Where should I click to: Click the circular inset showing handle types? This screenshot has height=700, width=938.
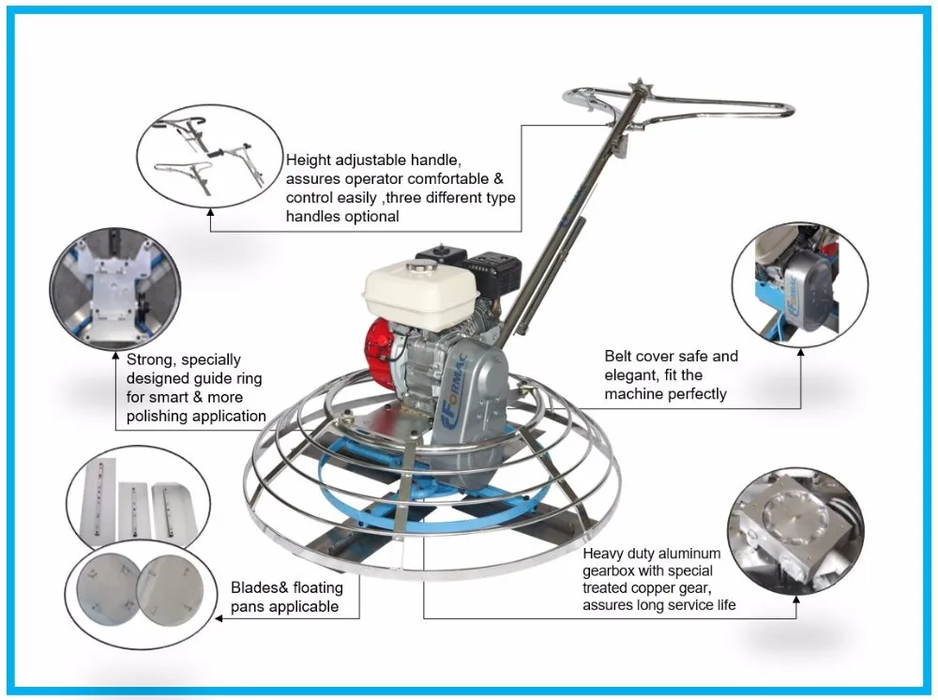tap(210, 157)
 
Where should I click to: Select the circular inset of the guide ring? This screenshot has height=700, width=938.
tap(114, 288)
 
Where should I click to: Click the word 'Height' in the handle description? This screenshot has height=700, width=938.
tap(308, 160)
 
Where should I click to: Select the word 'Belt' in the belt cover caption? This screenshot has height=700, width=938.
tap(618, 356)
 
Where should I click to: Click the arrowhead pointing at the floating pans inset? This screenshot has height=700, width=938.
tap(219, 618)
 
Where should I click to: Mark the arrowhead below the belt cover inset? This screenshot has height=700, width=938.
tap(800, 353)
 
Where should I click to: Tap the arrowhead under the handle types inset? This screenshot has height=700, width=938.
tap(210, 212)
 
